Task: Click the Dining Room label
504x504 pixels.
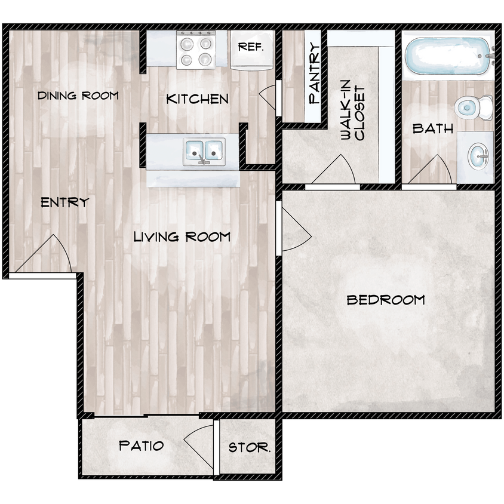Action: (x=78, y=96)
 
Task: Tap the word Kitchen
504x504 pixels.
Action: (x=197, y=99)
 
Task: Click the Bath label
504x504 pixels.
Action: (x=433, y=128)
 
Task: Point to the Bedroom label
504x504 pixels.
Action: (x=386, y=300)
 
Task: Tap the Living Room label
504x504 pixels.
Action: (x=182, y=237)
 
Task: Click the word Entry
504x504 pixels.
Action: (x=64, y=202)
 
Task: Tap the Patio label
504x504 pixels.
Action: (x=142, y=445)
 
